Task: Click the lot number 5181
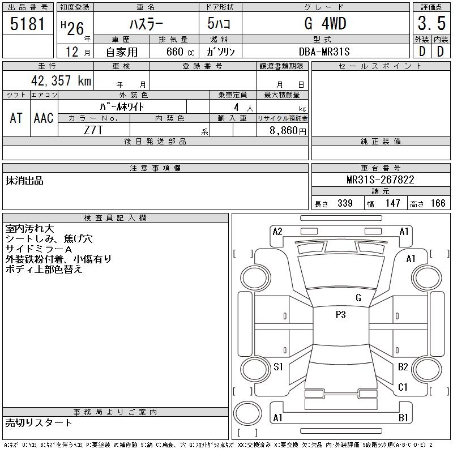click(27, 24)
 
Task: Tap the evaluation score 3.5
click(431, 23)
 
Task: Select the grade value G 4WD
click(325, 23)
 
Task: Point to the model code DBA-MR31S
click(324, 52)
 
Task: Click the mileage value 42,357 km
click(61, 80)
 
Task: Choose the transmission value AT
click(16, 118)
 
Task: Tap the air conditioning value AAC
click(44, 118)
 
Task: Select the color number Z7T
click(93, 130)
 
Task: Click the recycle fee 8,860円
click(288, 131)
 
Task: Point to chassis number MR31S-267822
click(381, 180)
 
